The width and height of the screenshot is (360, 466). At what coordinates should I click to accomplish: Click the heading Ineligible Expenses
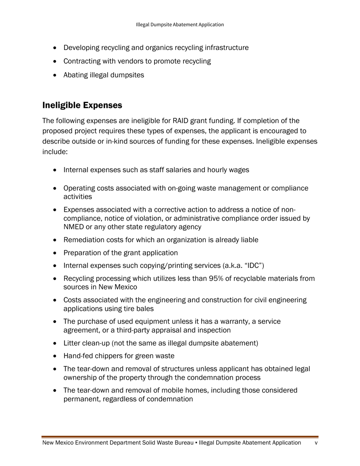click(x=82, y=105)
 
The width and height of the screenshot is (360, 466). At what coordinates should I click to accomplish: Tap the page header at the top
click(x=180, y=25)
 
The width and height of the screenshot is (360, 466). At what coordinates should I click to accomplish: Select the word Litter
click(x=72, y=343)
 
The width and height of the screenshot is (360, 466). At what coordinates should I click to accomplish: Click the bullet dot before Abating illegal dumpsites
click(x=56, y=75)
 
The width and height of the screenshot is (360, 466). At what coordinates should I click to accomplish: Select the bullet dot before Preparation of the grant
click(x=56, y=253)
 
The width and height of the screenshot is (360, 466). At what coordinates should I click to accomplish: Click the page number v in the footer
click(x=316, y=443)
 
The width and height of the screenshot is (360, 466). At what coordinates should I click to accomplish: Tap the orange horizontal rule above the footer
click(x=180, y=437)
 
